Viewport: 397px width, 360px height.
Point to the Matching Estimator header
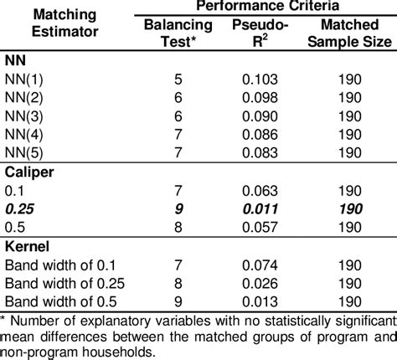click(x=51, y=24)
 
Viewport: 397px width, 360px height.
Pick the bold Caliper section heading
click(x=29, y=173)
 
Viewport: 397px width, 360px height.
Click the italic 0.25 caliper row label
click(x=19, y=209)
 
